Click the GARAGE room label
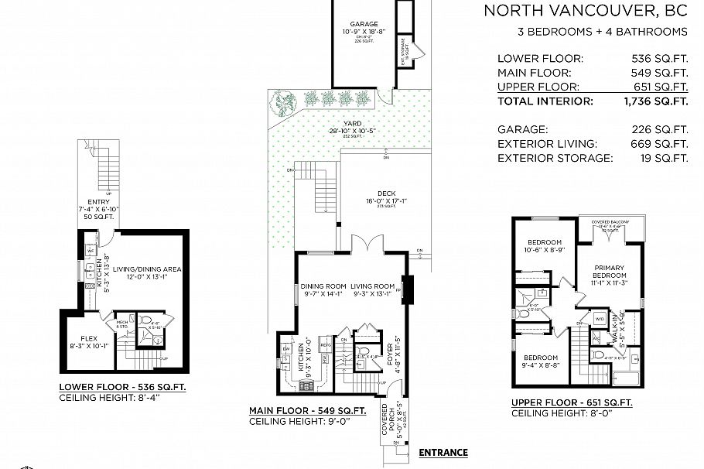[364, 25]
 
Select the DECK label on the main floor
[387, 195]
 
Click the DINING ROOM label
[323, 286]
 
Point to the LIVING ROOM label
[374, 286]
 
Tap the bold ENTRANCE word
[443, 453]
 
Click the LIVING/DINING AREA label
[147, 269]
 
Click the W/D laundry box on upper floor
[599, 318]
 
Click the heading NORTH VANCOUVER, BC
[586, 11]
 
